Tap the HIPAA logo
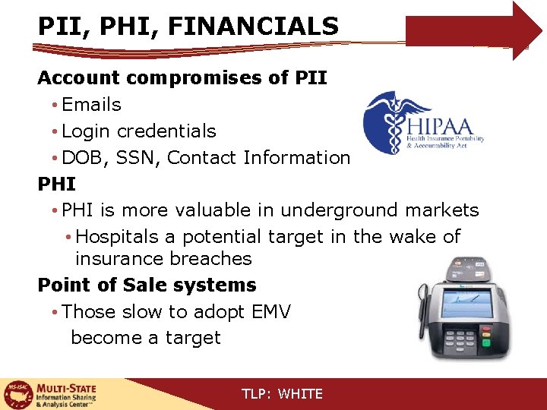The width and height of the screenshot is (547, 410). [422, 124]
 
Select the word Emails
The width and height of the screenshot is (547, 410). [91, 105]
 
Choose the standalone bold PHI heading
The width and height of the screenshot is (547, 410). [57, 184]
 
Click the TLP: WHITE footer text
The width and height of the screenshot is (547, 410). [282, 394]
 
